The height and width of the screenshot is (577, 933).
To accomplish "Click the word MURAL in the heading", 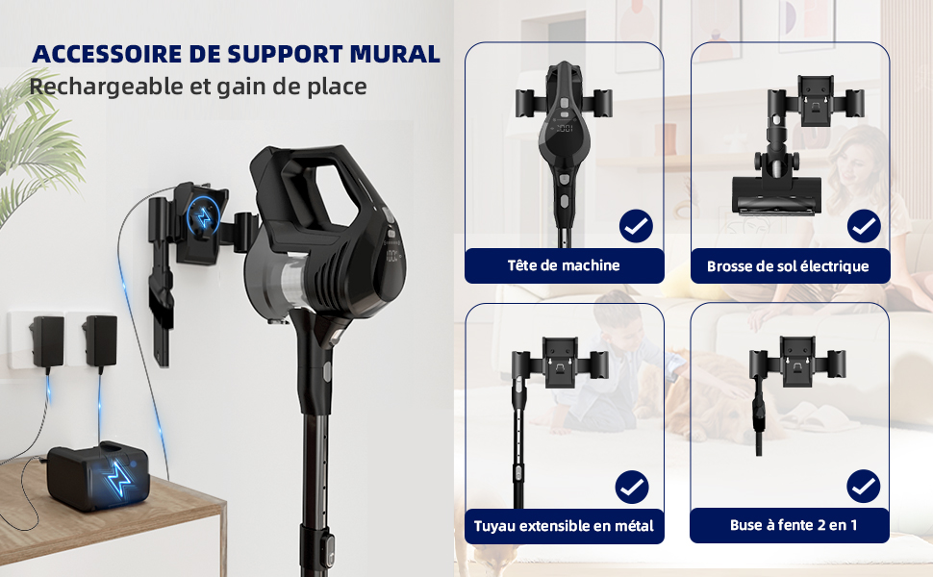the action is click(394, 54).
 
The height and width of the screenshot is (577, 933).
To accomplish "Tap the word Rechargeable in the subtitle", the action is click(105, 87).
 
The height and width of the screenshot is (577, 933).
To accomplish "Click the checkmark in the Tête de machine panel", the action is click(636, 226).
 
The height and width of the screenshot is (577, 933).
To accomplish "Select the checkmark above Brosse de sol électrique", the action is click(864, 226).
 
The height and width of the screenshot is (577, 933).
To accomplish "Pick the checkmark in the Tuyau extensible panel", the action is click(632, 488).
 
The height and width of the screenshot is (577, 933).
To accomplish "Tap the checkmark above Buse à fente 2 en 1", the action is click(864, 487).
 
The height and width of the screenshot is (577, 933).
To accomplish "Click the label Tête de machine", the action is click(564, 265).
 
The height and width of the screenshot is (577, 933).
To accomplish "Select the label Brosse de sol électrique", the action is click(788, 265).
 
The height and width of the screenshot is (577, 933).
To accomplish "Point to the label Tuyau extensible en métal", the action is click(564, 526).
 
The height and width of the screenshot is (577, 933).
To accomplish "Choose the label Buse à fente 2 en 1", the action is click(794, 525).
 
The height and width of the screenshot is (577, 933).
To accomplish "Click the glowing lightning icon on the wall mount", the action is click(204, 217).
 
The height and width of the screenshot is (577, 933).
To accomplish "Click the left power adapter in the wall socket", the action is click(47, 341).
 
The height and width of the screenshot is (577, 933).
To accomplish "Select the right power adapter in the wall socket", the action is click(100, 340).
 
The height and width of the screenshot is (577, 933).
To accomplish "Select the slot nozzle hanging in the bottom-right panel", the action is click(759, 415).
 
